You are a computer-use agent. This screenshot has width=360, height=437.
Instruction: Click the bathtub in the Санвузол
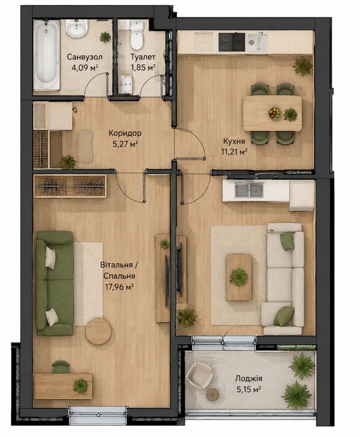[47, 54]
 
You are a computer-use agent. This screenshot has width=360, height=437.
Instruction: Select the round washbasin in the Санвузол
[77, 28]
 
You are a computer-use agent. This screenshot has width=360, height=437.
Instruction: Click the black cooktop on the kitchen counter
[232, 42]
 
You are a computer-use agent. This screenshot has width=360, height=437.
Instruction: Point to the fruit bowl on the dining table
[275, 113]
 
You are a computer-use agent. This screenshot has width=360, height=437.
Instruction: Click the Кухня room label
[234, 141]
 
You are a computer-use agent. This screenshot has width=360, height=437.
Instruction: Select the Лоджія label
[248, 378]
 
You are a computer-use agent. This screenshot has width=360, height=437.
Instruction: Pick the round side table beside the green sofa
[99, 331]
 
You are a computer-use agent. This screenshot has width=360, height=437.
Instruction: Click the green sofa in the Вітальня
[55, 283]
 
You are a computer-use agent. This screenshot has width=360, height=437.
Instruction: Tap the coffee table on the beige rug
[239, 277]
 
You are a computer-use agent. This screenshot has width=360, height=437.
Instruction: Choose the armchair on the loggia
[199, 374]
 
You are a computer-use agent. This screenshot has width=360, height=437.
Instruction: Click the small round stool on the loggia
[213, 395]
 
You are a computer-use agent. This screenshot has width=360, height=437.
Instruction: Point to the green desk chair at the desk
[61, 367]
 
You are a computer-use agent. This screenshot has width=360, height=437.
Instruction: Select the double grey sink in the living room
[249, 190]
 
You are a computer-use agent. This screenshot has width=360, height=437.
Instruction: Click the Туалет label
[143, 57]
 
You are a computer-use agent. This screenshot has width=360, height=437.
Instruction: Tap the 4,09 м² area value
[84, 67]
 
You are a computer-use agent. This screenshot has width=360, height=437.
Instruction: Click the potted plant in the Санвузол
[105, 37]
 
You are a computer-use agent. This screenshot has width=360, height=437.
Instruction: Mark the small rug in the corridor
[85, 146]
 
